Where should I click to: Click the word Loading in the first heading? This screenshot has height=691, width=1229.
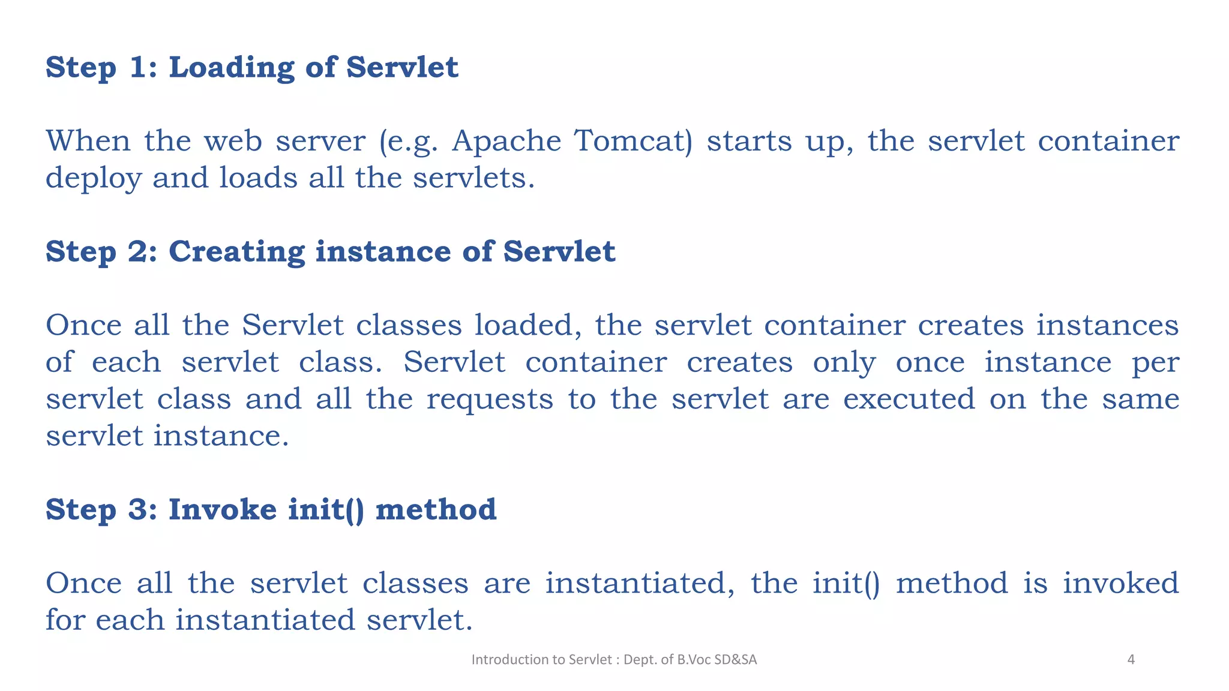tap(231, 68)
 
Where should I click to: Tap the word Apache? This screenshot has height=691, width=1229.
tap(506, 142)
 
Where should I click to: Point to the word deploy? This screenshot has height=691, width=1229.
tap(93, 179)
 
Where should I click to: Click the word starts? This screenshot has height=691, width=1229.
tap(749, 142)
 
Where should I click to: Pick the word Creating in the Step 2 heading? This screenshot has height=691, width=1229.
tap(236, 252)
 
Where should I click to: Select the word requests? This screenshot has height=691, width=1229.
tap(490, 399)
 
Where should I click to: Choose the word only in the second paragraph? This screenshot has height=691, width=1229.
tap(844, 363)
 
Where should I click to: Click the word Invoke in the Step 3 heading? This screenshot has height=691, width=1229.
tap(223, 510)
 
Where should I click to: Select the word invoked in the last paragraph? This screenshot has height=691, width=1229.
tap(1120, 584)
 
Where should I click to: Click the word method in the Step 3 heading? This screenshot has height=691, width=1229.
tap(436, 510)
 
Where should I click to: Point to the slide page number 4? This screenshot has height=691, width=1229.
tap(1131, 660)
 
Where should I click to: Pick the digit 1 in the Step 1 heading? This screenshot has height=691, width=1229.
tap(137, 68)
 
